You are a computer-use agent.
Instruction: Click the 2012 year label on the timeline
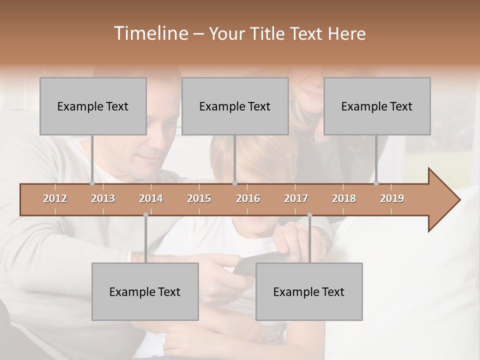click(55, 198)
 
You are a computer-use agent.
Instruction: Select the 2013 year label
click(103, 198)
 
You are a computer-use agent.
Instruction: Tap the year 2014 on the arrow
click(151, 198)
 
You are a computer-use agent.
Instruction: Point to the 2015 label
click(199, 198)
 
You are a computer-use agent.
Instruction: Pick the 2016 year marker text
click(248, 198)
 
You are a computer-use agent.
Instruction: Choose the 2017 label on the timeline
click(296, 198)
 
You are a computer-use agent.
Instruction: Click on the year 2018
click(344, 198)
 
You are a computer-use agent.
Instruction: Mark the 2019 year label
click(392, 198)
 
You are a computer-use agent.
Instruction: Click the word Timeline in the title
click(150, 33)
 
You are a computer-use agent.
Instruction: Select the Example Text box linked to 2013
click(93, 106)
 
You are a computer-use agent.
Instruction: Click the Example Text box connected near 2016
click(235, 106)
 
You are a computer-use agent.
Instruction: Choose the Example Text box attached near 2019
click(377, 106)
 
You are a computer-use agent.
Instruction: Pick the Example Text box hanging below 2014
click(145, 291)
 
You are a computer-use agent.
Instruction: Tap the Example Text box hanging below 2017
click(309, 291)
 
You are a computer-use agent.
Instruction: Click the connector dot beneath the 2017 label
click(309, 215)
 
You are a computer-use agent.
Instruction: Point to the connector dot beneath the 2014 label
click(145, 215)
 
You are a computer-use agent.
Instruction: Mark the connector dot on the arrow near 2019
click(376, 183)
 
